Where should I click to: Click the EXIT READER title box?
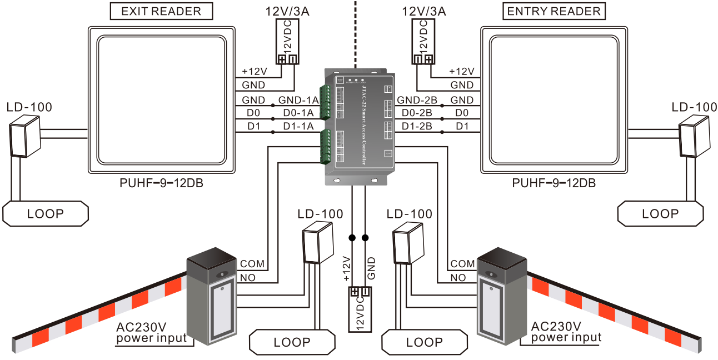click(x=161, y=11)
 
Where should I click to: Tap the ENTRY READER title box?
click(x=554, y=11)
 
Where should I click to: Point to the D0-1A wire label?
click(x=298, y=113)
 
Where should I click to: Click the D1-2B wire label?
click(x=417, y=127)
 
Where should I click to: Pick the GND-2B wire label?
click(x=417, y=100)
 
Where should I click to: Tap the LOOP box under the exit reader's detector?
click(x=46, y=214)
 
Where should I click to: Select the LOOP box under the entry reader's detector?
click(x=661, y=214)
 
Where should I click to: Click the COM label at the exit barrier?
click(x=252, y=264)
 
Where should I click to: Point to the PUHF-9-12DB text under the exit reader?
click(x=161, y=182)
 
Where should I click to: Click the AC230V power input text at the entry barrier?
click(x=566, y=332)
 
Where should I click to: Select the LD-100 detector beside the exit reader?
click(x=26, y=137)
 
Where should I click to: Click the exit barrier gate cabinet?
click(x=211, y=300)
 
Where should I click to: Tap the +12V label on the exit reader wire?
click(x=255, y=72)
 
